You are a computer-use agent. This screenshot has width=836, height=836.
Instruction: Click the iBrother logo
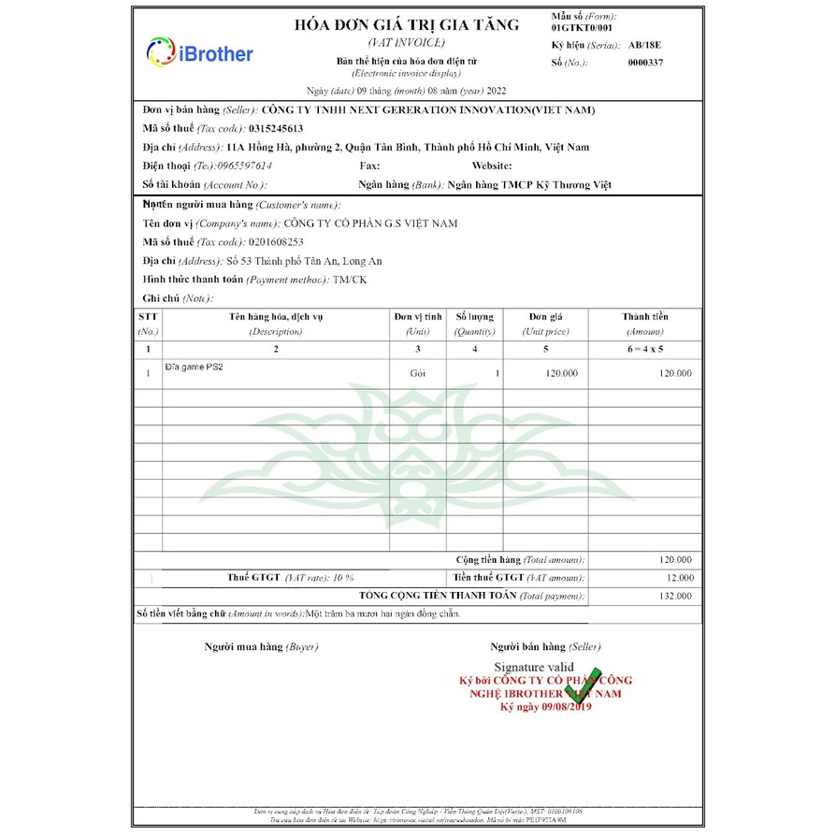pos(199,53)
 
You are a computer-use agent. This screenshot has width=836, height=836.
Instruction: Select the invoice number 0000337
pos(645,63)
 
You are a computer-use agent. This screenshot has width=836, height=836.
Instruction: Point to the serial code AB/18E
pos(644,44)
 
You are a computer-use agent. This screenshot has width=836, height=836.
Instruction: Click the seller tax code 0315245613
pos(277,128)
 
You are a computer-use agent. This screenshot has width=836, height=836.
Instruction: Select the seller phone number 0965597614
pos(239,166)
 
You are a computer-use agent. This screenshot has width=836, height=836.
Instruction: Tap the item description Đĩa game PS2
pos(195,368)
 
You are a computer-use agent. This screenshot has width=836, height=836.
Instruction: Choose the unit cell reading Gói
pos(417,373)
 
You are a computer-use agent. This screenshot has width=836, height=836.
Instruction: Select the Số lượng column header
pos(474,317)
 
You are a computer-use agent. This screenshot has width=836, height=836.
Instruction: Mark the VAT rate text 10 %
pos(343,577)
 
